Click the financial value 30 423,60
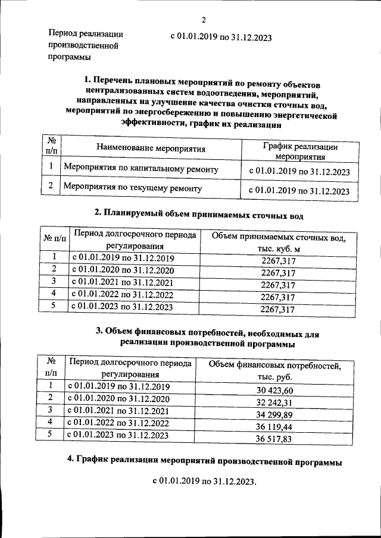click(276, 391)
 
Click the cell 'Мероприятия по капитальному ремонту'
click(140, 169)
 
